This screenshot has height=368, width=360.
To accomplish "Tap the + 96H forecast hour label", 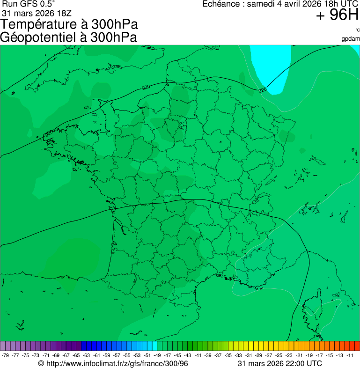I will pos(337,15).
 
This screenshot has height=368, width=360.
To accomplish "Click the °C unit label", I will pos(357,30).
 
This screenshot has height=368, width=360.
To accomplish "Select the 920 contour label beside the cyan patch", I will pos(262,89).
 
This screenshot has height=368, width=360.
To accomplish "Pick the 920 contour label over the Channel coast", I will pos(146,88).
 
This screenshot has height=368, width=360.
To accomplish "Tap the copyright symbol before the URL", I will pos(41,364).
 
